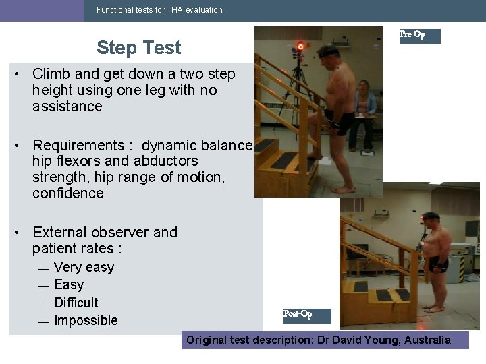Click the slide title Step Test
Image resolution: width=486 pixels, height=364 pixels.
point(138,48)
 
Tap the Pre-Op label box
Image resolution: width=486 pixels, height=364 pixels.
point(419,36)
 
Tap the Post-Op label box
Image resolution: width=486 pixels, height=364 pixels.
point(307,315)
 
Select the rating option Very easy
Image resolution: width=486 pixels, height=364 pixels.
point(84,268)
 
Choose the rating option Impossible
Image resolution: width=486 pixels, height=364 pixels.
point(86,320)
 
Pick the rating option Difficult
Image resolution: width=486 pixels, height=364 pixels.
point(76,303)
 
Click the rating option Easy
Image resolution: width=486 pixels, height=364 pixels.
point(69,285)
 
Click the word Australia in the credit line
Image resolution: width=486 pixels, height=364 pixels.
point(427,340)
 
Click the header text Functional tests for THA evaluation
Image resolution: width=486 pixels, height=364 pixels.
point(159,10)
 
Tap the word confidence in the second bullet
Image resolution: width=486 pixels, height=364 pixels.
point(67,193)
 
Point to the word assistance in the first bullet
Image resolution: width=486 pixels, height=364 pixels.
point(67,107)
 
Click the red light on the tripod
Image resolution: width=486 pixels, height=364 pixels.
point(300,47)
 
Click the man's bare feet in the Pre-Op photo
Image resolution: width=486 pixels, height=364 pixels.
point(345,189)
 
